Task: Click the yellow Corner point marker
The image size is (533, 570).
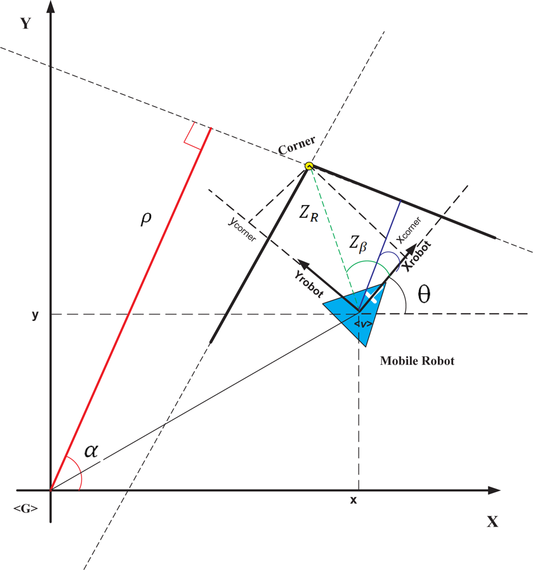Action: pos(309,166)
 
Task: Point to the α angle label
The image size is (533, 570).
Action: pos(91,451)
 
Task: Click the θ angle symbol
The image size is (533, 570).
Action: pos(424,294)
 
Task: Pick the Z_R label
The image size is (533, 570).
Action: pos(310,214)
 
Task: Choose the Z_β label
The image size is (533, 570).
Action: pos(360,244)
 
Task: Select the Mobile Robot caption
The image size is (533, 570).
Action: pos(417,361)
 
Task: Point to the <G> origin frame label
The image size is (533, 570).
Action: pos(26,508)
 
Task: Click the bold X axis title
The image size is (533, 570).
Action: pos(492,522)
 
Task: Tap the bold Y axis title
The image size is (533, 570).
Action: pos(26,23)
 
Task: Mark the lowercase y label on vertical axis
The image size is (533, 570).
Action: pos(35,315)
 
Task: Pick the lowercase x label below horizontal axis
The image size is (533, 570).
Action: pos(353,499)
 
